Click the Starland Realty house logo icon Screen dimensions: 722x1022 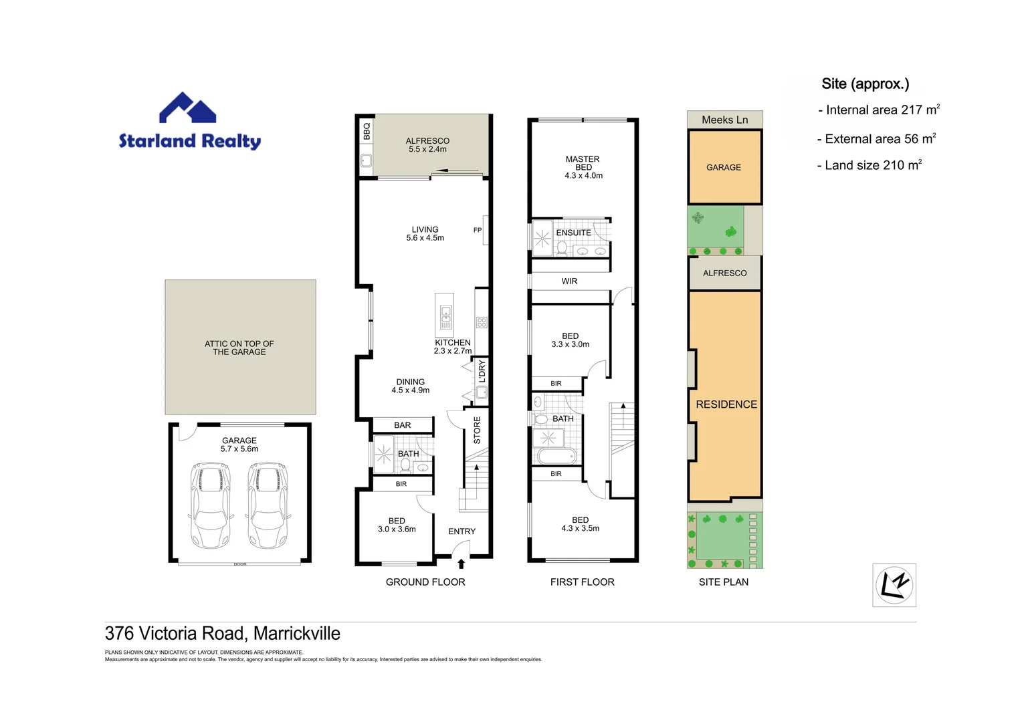point(187,108)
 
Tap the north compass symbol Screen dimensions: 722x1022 point(894,585)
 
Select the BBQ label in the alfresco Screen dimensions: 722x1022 point(367,131)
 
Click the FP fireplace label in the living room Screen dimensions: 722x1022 point(478,230)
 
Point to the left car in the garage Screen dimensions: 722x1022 point(211,505)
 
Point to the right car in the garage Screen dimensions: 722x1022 point(268,505)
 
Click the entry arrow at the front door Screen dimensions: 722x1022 point(461,564)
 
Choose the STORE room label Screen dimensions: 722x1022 point(477,431)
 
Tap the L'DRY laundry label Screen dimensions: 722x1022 point(482,370)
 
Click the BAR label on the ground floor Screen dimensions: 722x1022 point(403,425)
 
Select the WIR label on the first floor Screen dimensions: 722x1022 point(569,281)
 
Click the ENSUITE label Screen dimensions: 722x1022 point(573,233)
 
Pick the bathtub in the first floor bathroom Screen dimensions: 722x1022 point(556,457)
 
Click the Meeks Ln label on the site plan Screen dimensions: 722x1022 point(724,120)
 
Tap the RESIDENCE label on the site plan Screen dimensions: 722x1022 point(726,404)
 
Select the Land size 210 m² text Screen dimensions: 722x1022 point(870,165)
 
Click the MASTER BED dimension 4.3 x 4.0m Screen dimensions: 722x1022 point(583,176)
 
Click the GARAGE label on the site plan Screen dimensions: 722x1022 point(724,167)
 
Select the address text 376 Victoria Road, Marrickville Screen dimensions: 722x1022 point(223,633)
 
